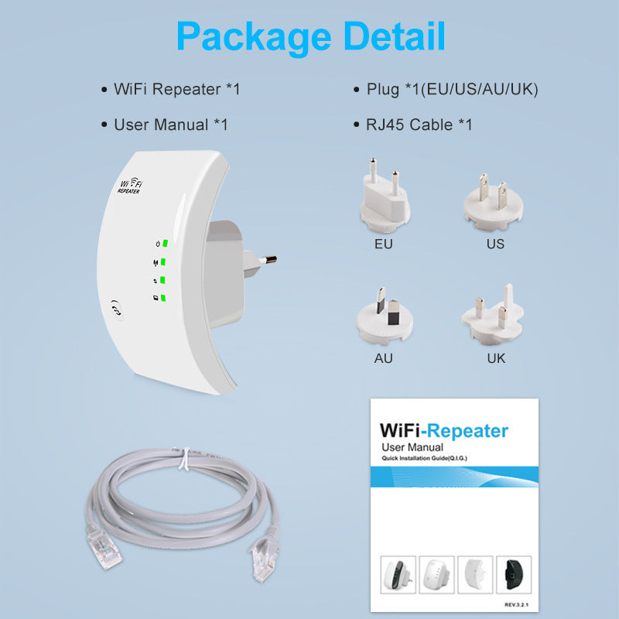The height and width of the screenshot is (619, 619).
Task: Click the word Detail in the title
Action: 393,36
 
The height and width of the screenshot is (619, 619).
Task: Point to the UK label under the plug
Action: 496,358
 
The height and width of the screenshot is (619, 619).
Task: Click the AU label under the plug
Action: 383,358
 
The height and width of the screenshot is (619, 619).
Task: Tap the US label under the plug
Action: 495,244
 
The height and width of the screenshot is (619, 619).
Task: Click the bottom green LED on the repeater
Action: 165,298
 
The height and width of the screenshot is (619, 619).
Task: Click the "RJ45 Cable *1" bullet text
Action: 419,125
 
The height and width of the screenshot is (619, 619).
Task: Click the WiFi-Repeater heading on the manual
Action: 443,431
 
